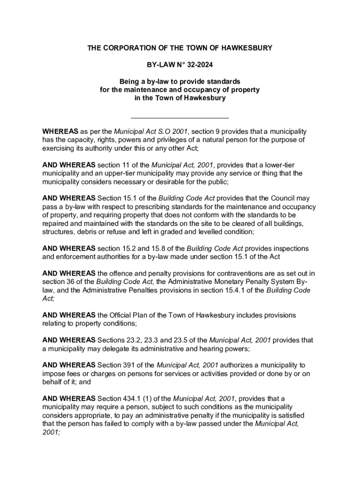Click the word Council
pos(276,198)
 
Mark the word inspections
pos(289,248)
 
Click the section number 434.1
pos(137,399)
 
